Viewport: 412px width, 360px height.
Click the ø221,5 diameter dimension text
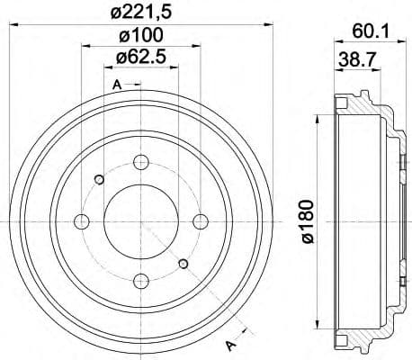pyautogui.click(x=140, y=12)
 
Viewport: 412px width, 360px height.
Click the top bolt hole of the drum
pyautogui.click(x=140, y=163)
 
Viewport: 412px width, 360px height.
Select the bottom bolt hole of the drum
pyautogui.click(x=140, y=279)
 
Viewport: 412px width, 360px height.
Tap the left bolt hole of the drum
pyautogui.click(x=82, y=221)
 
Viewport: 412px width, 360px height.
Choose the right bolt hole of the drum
pyautogui.click(x=199, y=221)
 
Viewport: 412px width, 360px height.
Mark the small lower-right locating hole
pyautogui.click(x=184, y=264)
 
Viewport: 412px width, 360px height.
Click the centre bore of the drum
pyautogui.click(x=140, y=221)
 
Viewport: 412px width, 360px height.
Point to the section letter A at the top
pyautogui.click(x=116, y=85)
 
